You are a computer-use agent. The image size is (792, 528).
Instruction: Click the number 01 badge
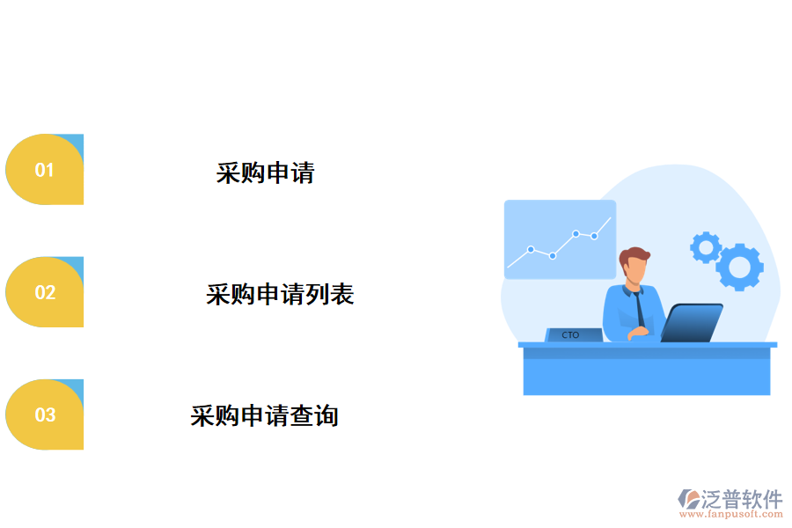pyautogui.click(x=45, y=170)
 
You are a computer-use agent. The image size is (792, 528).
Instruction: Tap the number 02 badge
pyautogui.click(x=45, y=292)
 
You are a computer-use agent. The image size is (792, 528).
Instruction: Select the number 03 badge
pyautogui.click(x=45, y=414)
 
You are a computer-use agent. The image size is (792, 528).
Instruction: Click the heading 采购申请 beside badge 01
pyautogui.click(x=265, y=172)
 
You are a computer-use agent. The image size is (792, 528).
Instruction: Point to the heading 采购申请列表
pyautogui.click(x=280, y=294)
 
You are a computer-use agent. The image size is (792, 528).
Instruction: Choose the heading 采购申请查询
pyautogui.click(x=264, y=415)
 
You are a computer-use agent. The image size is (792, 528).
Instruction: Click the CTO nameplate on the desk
pyautogui.click(x=571, y=334)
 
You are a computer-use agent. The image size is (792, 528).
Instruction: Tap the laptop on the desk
pyautogui.click(x=692, y=323)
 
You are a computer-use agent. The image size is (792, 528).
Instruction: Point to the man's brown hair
pyautogui.click(x=634, y=257)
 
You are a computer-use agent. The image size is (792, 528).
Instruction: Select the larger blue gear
pyautogui.click(x=739, y=267)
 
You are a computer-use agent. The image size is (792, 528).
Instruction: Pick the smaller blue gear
pyautogui.click(x=705, y=247)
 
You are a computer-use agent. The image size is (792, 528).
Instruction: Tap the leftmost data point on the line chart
pyautogui.click(x=531, y=249)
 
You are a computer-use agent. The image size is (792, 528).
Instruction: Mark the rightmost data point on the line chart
pyautogui.click(x=594, y=236)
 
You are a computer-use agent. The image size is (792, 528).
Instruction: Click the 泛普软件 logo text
pyautogui.click(x=741, y=500)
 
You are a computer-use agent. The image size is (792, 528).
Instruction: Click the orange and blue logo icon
pyautogui.click(x=689, y=500)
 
